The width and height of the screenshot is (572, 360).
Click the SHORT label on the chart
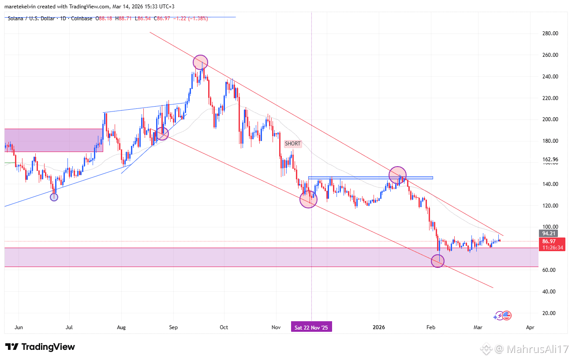(x=293, y=144)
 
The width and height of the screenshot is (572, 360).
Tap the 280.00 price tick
(x=550, y=33)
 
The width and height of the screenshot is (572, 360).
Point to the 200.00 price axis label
(x=550, y=119)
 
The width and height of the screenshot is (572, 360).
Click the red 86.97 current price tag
(x=552, y=241)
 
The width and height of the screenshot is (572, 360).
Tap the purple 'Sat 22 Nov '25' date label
(x=311, y=327)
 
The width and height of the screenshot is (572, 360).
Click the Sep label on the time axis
(x=173, y=327)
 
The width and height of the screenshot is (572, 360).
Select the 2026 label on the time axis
(x=379, y=327)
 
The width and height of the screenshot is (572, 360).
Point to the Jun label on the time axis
(x=19, y=327)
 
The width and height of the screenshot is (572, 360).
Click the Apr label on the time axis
(x=530, y=327)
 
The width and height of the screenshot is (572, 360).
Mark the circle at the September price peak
(x=200, y=62)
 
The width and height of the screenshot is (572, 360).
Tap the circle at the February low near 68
(x=437, y=261)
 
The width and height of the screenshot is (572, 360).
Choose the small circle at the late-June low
(x=54, y=197)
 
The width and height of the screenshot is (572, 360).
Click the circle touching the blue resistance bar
(x=397, y=175)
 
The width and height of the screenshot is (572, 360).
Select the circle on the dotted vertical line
(x=308, y=200)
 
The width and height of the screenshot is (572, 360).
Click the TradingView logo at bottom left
(x=40, y=347)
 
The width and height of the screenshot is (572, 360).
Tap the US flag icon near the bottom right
(x=507, y=315)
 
